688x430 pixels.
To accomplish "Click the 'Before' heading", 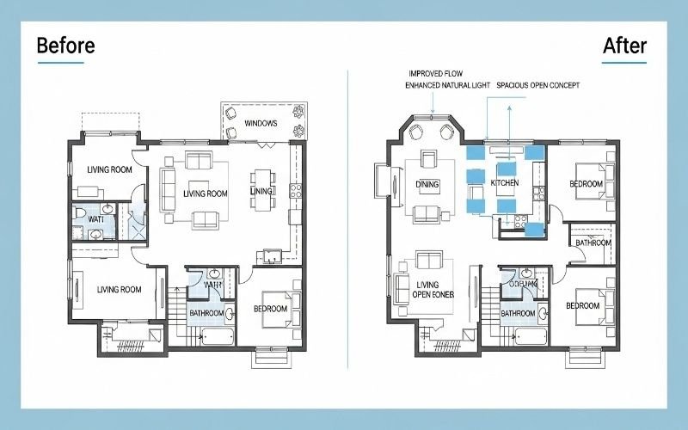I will click(65, 46).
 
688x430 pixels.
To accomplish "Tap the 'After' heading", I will click(624, 46).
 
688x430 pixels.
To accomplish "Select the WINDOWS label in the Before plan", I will click(261, 124).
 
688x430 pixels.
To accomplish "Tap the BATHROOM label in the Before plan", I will click(206, 313).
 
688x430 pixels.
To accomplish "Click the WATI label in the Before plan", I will click(96, 219).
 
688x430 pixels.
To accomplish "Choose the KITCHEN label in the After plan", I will click(505, 184).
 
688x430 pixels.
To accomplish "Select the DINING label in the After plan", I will click(427, 184).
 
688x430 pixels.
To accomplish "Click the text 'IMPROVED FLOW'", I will click(435, 74).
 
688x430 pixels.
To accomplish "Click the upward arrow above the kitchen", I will click(507, 110).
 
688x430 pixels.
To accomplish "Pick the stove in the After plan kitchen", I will click(521, 221).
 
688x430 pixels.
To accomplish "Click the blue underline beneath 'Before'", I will click(60, 63).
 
